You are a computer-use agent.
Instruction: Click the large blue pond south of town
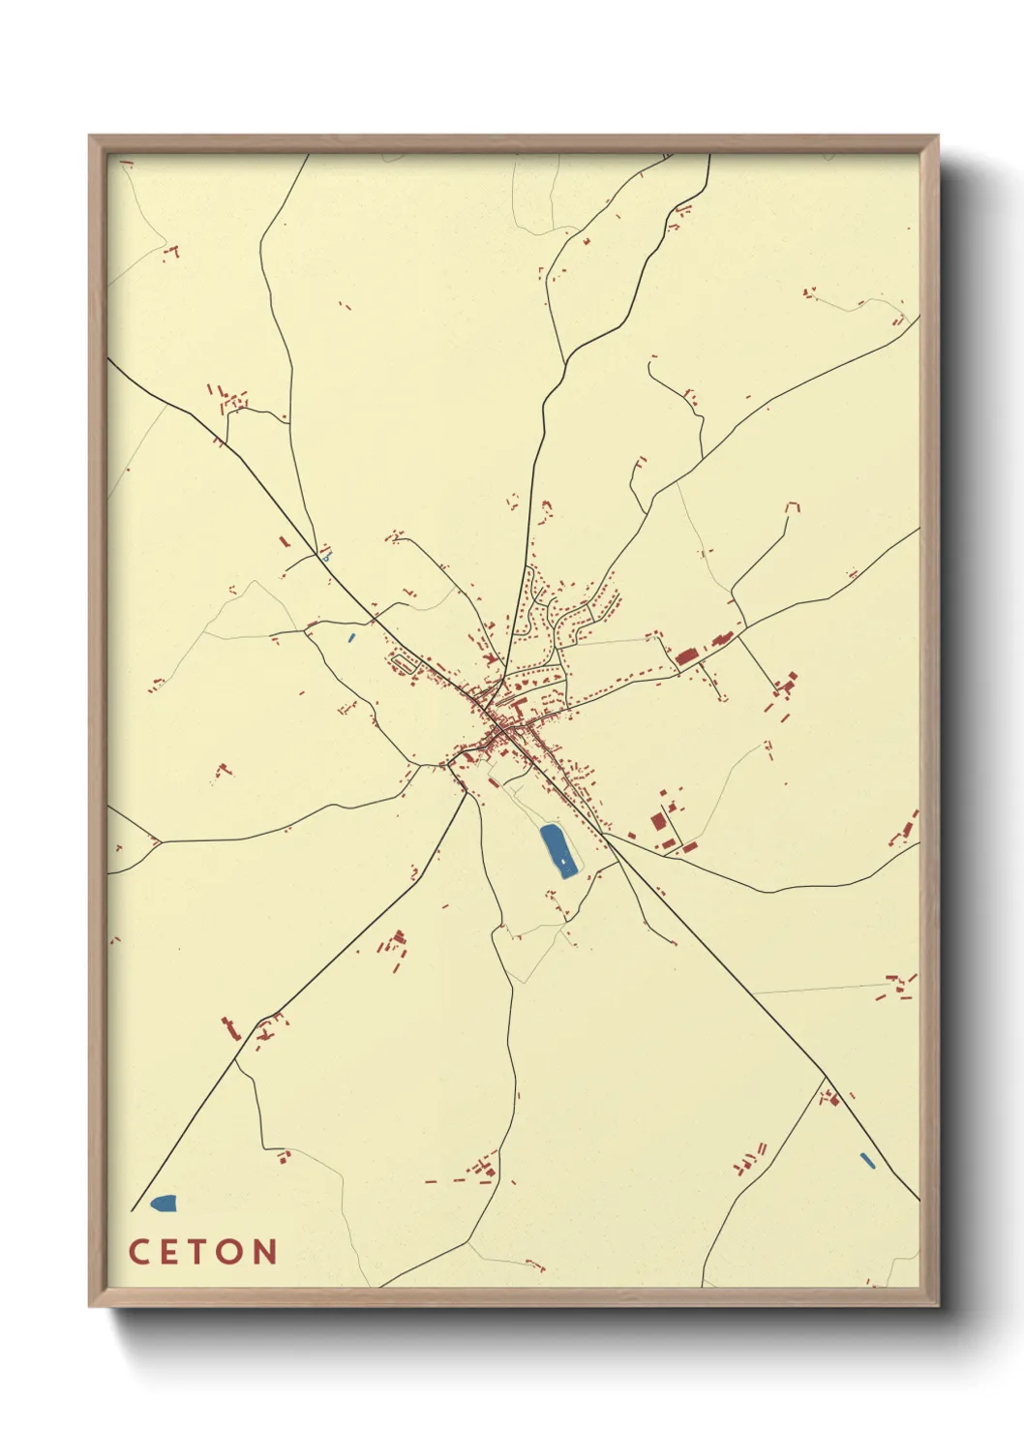[x=556, y=850]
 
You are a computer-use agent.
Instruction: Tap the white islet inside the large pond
[x=562, y=861]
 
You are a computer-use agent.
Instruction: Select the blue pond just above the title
[x=164, y=1204]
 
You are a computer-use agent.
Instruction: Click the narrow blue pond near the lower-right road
[x=867, y=1159]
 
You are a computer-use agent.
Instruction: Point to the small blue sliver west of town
[x=351, y=637]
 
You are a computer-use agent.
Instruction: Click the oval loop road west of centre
[x=407, y=663]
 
